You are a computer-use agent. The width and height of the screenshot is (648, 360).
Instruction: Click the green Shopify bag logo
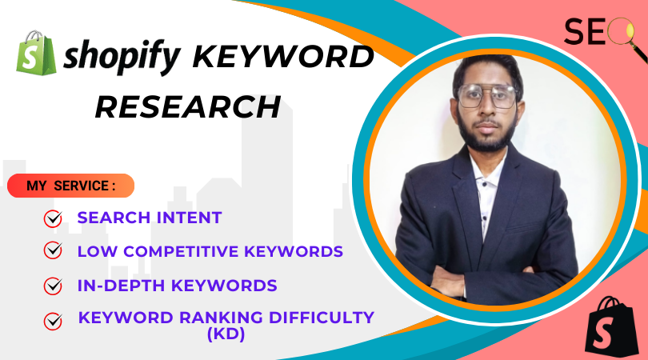[x=36, y=53]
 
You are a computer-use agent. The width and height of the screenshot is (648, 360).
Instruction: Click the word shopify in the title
[x=122, y=57]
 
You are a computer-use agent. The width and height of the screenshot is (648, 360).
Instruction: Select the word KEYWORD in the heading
[x=283, y=56]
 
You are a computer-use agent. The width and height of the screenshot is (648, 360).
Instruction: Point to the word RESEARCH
[x=188, y=107]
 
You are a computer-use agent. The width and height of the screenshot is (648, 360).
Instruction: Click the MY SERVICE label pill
[x=70, y=186]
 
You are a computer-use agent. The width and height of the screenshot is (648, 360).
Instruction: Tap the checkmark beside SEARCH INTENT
[x=53, y=218]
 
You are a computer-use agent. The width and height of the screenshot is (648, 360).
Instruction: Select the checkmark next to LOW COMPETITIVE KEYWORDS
[x=53, y=250]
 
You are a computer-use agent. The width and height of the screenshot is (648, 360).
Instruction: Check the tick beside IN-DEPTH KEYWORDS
[x=53, y=286]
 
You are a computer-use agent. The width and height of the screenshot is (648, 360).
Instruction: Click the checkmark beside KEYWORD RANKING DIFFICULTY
[x=53, y=321]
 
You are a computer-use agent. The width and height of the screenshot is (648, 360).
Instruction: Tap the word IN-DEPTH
[x=121, y=286]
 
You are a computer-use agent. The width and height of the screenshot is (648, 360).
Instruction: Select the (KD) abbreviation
[x=226, y=334]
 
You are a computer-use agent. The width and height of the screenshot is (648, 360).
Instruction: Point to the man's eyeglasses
[x=488, y=97]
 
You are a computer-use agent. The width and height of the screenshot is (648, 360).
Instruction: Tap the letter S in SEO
[x=574, y=31]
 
